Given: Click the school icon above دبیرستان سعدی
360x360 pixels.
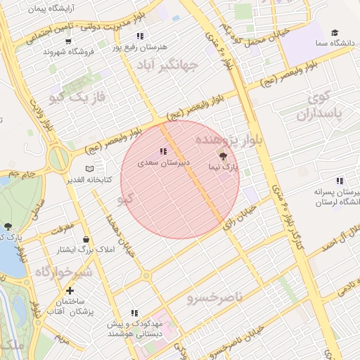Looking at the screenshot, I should click(163, 151).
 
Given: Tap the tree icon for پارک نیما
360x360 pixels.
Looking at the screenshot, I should click(224, 156).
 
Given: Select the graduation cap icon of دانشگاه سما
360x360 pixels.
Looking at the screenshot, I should click(335, 32).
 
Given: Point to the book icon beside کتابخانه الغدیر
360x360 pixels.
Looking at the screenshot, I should click(89, 169).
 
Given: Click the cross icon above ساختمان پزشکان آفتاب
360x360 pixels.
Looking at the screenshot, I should click(69, 290).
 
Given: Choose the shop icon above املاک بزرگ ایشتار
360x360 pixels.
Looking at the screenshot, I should click(86, 239).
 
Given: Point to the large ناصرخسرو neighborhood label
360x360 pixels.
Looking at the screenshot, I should click(214, 297).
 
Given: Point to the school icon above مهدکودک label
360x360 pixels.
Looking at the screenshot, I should click(134, 313).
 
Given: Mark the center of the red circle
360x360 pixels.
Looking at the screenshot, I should click(180, 179).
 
